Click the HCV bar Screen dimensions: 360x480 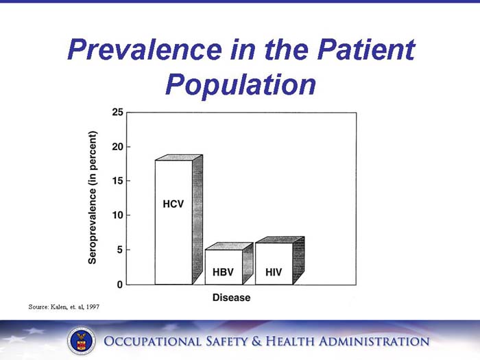tap(173, 221)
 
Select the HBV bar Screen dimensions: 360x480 tap(224, 267)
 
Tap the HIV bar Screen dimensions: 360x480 tap(274, 263)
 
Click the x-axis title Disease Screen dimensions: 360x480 tap(231, 298)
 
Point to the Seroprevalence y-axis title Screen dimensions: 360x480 tap(93, 197)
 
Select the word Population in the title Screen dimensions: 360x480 tap(240, 84)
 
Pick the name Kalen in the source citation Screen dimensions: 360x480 tap(57, 306)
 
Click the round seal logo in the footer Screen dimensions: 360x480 tap(81, 341)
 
